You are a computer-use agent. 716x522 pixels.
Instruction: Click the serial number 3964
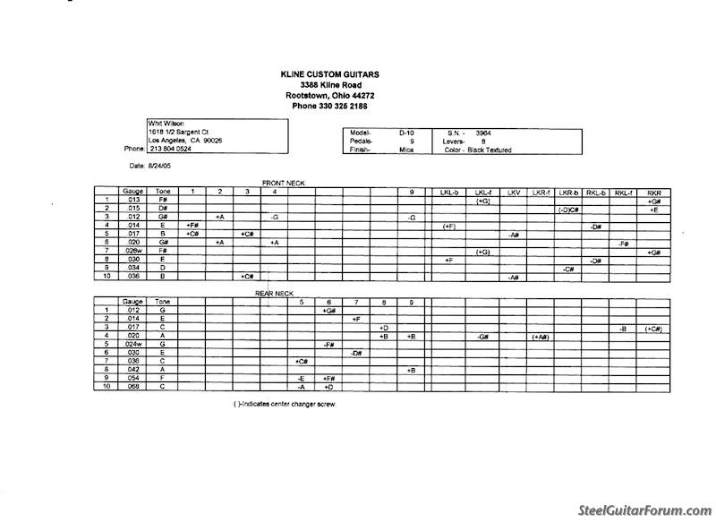coord(484,133)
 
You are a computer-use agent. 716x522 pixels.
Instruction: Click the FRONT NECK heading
coord(283,183)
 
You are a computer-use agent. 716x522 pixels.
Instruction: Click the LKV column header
coord(513,192)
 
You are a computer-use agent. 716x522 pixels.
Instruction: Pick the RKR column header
coord(654,192)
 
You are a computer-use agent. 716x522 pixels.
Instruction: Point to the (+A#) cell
coord(541,337)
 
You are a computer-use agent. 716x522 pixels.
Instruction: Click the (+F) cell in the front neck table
coord(449,227)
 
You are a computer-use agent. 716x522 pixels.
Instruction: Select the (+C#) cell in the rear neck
coord(654,329)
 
